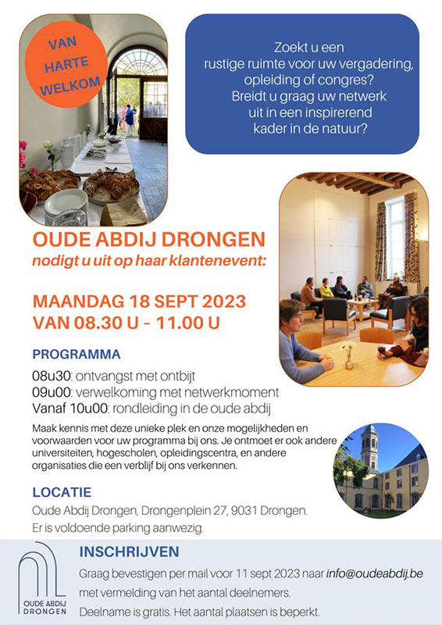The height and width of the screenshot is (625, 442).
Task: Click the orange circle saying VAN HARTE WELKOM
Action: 66,65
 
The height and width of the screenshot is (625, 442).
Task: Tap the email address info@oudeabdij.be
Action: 374,574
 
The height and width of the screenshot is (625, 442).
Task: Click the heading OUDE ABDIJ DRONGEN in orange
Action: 148,240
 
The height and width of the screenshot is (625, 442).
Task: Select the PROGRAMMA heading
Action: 76,355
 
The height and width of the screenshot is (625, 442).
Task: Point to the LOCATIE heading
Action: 62,492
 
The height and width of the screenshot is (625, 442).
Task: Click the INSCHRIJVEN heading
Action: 129,552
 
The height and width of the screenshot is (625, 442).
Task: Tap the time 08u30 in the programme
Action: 52,377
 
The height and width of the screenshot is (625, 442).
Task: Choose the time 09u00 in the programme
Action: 52,393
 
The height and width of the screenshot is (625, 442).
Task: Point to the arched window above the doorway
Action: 138,62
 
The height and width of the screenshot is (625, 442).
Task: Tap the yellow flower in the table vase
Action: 348,345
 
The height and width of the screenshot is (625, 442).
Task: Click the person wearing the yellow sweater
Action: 326,289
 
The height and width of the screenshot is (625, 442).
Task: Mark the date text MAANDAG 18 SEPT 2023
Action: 139,302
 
